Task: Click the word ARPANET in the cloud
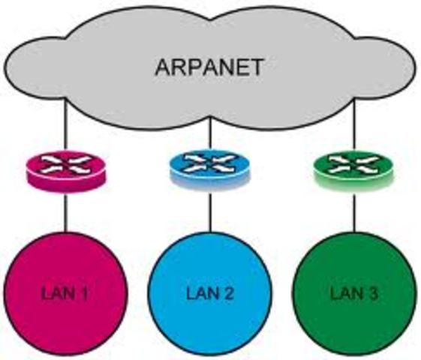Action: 209,67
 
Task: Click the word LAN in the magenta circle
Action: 56,292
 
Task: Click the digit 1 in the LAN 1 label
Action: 85,292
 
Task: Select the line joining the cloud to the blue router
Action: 209,139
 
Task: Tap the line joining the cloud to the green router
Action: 353,135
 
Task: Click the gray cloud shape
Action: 113,82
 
